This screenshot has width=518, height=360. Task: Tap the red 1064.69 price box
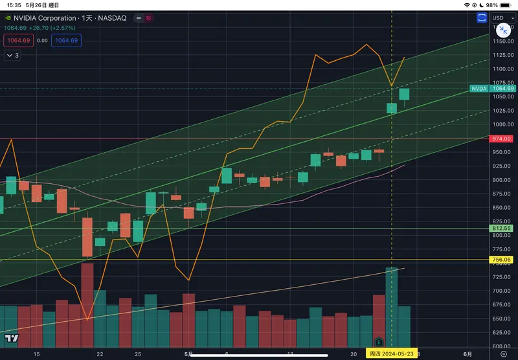tap(17, 40)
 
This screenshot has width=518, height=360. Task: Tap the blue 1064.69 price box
tap(66, 40)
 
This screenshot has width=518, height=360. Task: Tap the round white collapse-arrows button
tap(502, 30)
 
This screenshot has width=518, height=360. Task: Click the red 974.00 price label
tap(502, 139)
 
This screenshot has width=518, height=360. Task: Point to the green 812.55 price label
tap(502, 229)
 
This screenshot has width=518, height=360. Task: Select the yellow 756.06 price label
tap(502, 260)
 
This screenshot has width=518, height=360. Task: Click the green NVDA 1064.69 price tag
tap(491, 88)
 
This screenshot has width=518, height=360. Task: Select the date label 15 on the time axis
tap(37, 354)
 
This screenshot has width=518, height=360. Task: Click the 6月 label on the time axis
tap(467, 354)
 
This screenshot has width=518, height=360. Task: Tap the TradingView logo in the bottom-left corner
tap(11, 338)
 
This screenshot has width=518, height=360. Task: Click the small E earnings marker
tap(379, 341)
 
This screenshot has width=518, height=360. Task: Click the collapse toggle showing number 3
tap(13, 56)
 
